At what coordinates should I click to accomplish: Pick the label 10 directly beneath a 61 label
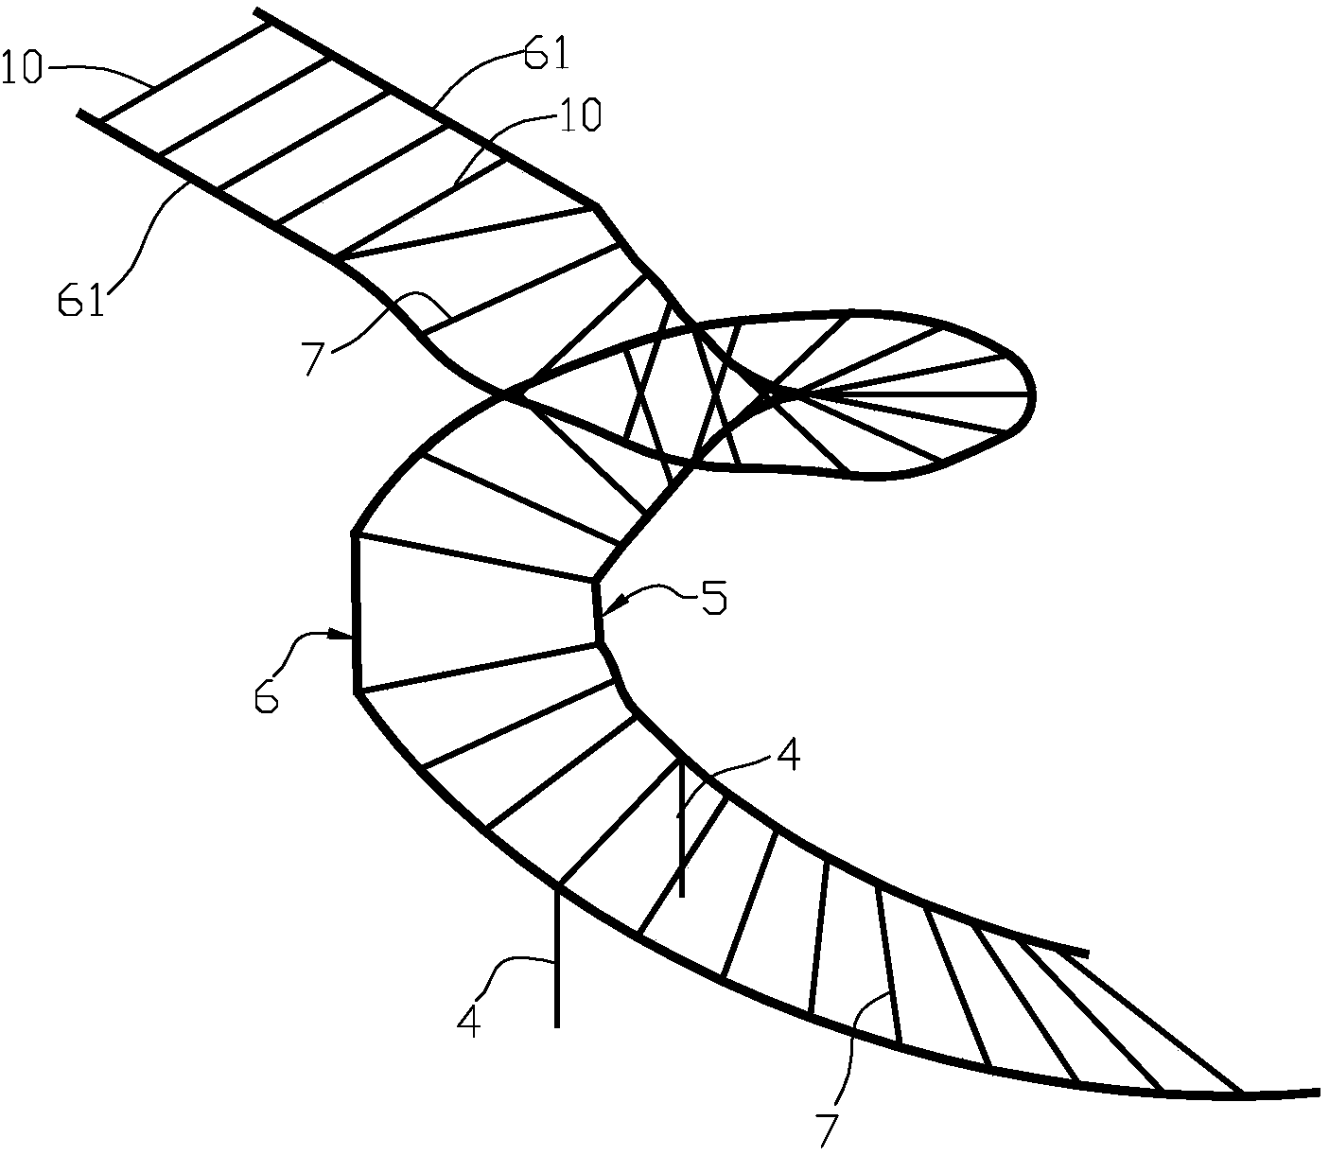[x=581, y=115]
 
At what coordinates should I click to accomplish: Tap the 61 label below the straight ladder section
[x=80, y=300]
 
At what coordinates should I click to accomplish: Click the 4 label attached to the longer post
[x=468, y=1021]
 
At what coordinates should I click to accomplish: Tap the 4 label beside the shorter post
[x=788, y=754]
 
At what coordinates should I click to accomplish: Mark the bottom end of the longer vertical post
[x=557, y=1027]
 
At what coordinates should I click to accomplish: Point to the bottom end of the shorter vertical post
[x=681, y=897]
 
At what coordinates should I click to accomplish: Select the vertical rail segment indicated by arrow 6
[x=356, y=613]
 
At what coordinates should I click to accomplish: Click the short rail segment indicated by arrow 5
[x=597, y=611]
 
